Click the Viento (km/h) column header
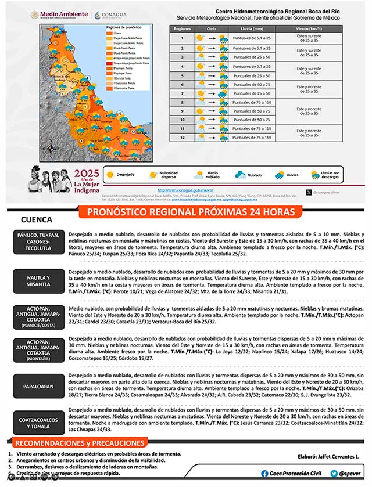tap(309, 28)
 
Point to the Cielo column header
tap(211, 28)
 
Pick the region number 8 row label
tap(182, 102)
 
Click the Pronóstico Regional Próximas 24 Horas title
tap(190, 212)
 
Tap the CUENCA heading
tap(36, 220)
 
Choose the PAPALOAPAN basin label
tap(38, 386)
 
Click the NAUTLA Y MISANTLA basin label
tap(38, 281)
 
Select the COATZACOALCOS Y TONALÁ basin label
tap(38, 423)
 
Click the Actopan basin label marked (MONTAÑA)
tap(38, 351)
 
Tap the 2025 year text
tap(87, 173)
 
